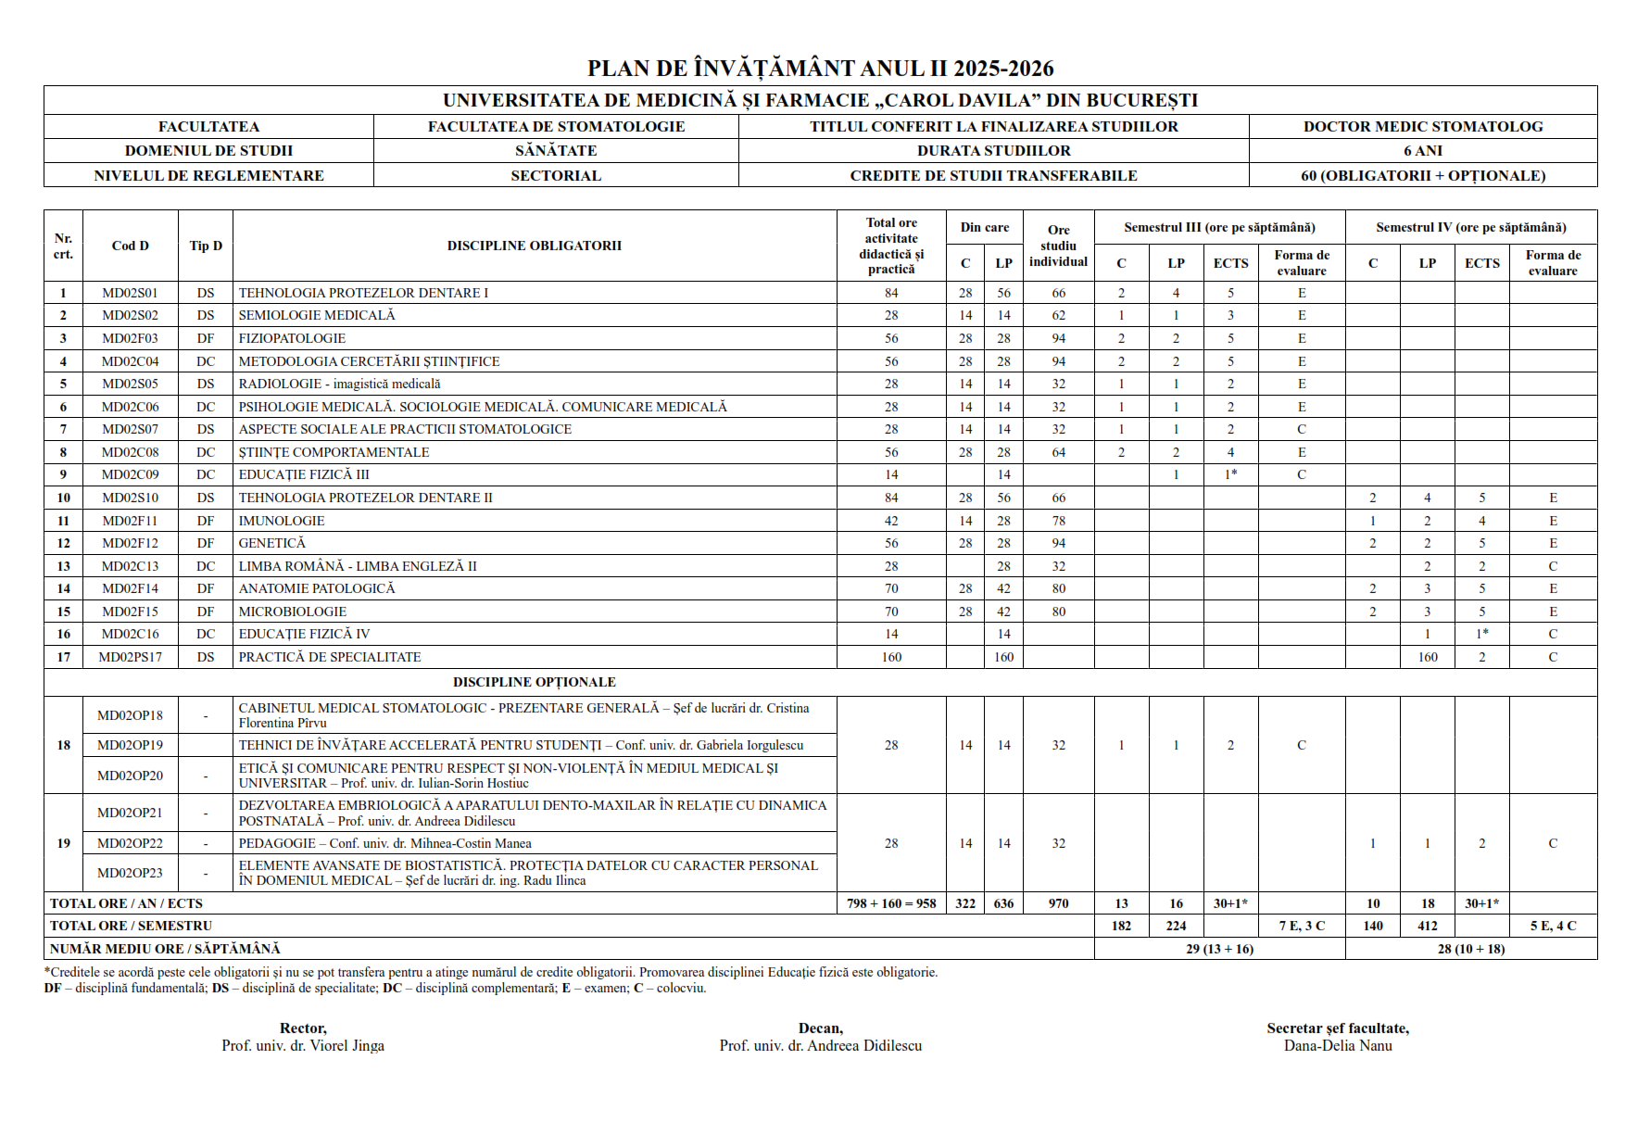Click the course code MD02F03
point(130,338)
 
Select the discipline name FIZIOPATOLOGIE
point(292,338)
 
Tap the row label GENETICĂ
point(271,543)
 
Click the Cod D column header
point(130,246)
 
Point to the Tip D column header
point(206,246)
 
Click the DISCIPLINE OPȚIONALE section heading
point(534,682)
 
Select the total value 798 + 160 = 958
point(890,903)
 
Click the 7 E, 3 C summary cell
point(1302,926)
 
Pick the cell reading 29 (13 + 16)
point(1219,949)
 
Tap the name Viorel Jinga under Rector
point(303,1046)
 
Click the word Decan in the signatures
point(820,1028)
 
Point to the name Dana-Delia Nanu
point(1338,1046)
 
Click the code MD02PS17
point(130,657)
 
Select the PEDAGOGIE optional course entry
point(384,843)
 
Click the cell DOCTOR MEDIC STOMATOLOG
point(1422,127)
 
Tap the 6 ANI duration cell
point(1422,151)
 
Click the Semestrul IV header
point(1470,227)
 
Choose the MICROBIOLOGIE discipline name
point(292,612)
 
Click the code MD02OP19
point(130,745)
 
